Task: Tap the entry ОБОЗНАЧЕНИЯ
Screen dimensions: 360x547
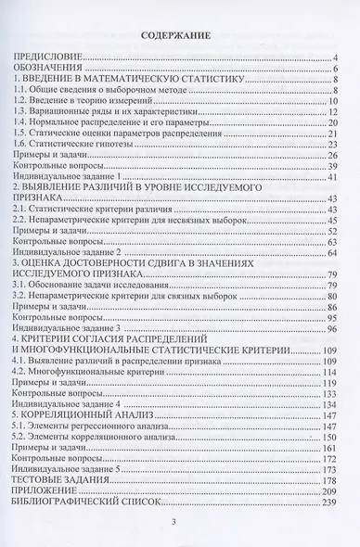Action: tap(46, 70)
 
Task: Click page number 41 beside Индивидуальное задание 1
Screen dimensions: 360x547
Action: tap(330, 174)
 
